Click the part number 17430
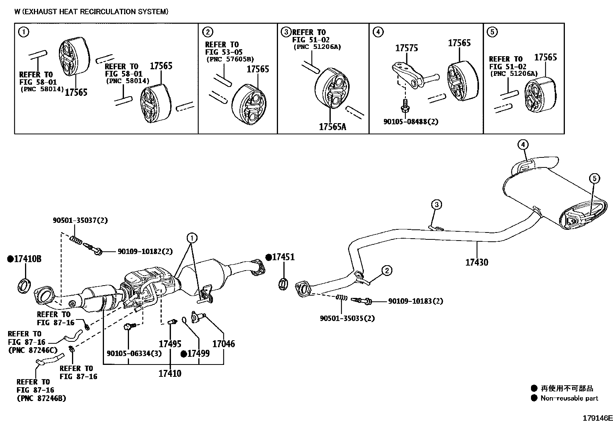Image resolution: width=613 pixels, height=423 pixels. [x=477, y=262]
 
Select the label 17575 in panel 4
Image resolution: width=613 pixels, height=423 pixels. [x=406, y=48]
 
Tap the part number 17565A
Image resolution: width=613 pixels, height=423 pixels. [x=332, y=127]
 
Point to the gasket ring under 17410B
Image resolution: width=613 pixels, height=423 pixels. [x=24, y=285]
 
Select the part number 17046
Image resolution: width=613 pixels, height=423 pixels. [x=224, y=343]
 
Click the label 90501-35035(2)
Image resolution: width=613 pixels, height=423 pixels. [x=347, y=318]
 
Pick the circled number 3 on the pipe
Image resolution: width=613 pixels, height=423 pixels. [x=436, y=204]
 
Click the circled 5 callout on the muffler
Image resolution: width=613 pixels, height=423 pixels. [x=594, y=178]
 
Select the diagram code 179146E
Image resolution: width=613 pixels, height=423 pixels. [x=597, y=418]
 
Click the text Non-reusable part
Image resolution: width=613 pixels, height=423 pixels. [x=569, y=398]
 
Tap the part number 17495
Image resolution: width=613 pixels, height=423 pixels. [x=170, y=343]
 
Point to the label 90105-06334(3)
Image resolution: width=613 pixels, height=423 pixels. [x=134, y=353]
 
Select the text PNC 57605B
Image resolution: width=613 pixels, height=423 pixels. [x=230, y=60]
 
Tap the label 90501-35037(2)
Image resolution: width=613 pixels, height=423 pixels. [x=80, y=221]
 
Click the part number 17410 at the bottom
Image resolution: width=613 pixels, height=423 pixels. [x=170, y=373]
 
